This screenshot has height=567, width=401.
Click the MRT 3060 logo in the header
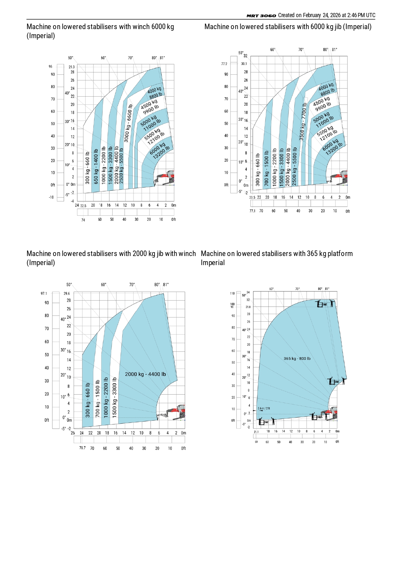click(x=261, y=16)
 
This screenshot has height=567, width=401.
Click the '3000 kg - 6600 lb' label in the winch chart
click(x=128, y=123)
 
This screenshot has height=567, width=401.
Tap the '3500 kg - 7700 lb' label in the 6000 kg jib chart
click(x=303, y=122)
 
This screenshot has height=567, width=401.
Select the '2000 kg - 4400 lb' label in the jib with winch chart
click(x=145, y=374)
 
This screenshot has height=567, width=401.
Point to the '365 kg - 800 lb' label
click(x=297, y=358)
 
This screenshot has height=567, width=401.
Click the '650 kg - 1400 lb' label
click(x=96, y=166)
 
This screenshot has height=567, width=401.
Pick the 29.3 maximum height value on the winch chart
click(x=71, y=67)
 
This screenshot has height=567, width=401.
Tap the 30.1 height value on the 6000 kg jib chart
click(x=244, y=64)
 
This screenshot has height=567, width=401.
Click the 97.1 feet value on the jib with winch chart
click(x=44, y=294)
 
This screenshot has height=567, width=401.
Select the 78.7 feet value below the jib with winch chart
click(x=82, y=448)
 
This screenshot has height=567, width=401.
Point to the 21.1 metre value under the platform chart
click(x=256, y=432)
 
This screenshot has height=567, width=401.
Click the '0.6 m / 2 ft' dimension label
click(x=264, y=408)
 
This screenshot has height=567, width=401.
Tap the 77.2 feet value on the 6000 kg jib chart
click(x=224, y=64)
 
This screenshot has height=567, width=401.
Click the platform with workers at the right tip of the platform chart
click(x=336, y=381)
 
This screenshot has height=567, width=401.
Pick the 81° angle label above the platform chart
click(x=327, y=289)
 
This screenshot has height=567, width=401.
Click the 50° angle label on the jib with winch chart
click(x=69, y=285)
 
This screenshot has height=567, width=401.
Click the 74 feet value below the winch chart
click(x=83, y=220)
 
